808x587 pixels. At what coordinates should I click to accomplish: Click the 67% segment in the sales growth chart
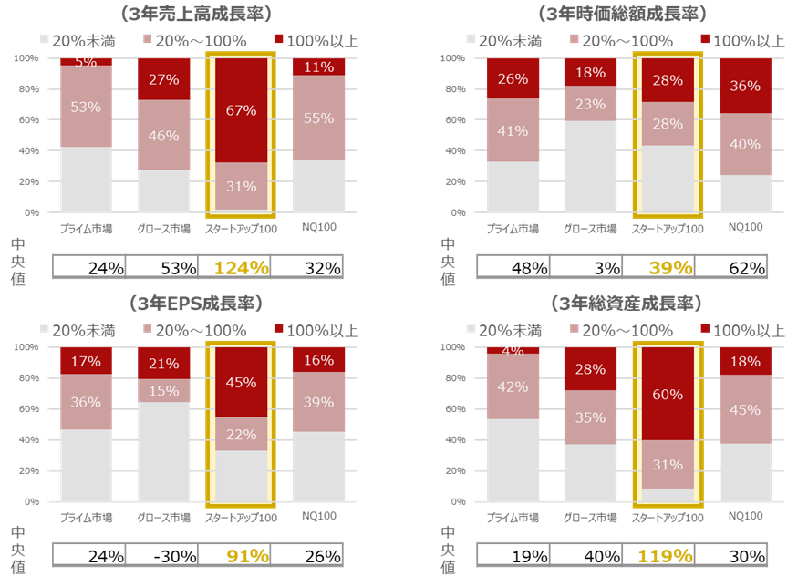241,110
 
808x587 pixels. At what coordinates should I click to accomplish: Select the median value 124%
242,268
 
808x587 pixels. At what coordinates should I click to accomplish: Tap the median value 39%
669,267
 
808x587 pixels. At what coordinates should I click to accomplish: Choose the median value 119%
669,555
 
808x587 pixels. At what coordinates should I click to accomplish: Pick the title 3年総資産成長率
632,303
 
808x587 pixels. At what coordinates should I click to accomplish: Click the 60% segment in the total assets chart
668,394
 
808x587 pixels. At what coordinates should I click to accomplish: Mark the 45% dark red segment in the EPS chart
241,382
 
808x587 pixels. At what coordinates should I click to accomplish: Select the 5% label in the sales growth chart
86,62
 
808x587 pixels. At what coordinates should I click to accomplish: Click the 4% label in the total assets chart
513,351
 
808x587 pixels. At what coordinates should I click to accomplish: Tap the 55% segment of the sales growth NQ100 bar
317,118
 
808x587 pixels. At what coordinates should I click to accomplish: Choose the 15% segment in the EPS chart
163,391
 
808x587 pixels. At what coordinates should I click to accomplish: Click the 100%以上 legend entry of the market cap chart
740,41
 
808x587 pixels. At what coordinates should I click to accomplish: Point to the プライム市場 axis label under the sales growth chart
86,228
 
